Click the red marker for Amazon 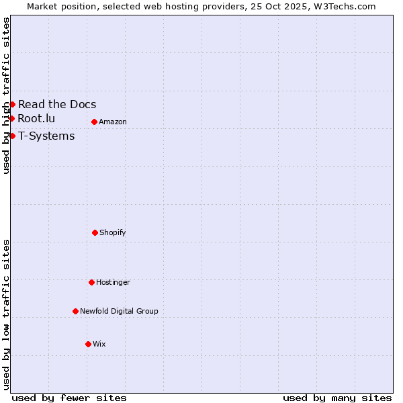coord(94,122)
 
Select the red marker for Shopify coord(95,232)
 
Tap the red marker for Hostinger coord(91,282)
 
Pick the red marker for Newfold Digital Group coord(75,311)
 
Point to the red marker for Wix coord(88,344)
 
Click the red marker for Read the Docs coord(12,104)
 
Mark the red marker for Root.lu coord(11,118)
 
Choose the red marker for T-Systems coord(12,136)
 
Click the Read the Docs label coord(57,104)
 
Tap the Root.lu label coord(36,118)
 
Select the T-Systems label coord(46,136)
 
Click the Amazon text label coord(113,122)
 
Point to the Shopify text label coord(113,232)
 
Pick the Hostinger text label coord(113,282)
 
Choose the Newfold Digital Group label coord(119,311)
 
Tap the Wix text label coord(99,344)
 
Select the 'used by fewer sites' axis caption coord(69,398)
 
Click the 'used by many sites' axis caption coord(337,398)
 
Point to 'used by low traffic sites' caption coord(6,314)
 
